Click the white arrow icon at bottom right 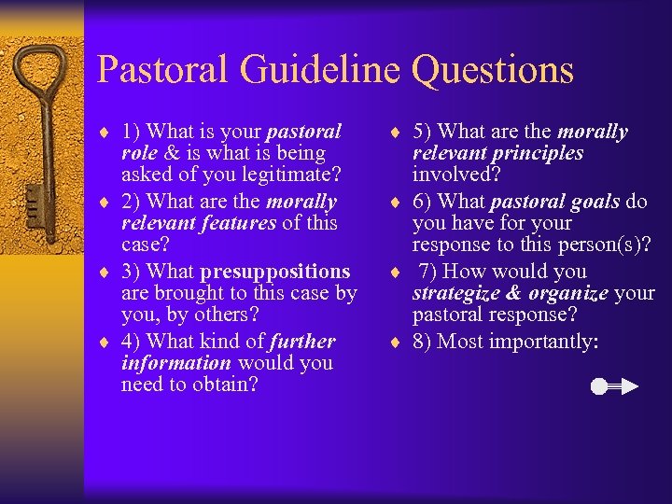614,385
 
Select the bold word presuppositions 273,272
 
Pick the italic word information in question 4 175,363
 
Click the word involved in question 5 455,175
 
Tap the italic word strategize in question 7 458,294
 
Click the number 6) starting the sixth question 423,202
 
